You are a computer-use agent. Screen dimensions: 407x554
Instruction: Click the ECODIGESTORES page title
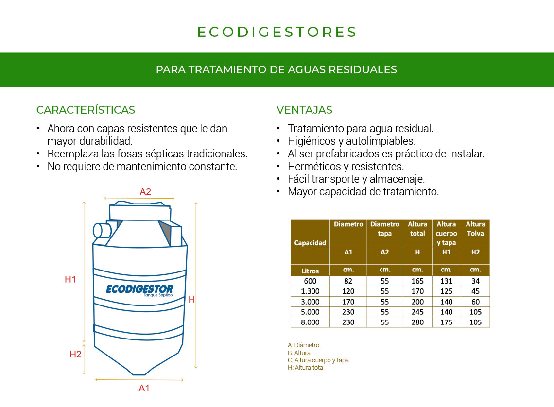[x=277, y=32]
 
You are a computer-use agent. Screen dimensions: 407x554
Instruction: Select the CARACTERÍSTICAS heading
[x=86, y=110]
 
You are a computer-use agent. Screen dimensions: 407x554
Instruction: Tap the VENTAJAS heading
[x=304, y=110]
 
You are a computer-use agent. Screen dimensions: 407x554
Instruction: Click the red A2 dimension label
[x=145, y=192]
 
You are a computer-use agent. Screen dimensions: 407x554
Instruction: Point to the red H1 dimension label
[x=70, y=279]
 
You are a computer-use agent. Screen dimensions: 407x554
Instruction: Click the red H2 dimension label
[x=75, y=354]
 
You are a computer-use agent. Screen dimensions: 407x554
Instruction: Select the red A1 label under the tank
[x=144, y=388]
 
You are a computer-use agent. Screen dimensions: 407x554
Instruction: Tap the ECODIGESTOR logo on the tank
[x=139, y=289]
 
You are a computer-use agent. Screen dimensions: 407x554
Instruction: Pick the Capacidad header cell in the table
[x=310, y=243]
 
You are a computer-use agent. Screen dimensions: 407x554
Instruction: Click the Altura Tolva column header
[x=475, y=229]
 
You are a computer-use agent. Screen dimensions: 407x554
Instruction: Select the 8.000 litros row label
[x=310, y=322]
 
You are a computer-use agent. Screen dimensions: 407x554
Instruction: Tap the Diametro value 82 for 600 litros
[x=348, y=281]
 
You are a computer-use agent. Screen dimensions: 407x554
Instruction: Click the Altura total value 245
[x=417, y=312]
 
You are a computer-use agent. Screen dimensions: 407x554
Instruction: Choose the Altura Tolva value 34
[x=475, y=281]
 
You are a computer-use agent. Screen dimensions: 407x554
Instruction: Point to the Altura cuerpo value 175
[x=446, y=322]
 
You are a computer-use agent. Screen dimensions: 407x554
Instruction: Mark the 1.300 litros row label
[x=310, y=291]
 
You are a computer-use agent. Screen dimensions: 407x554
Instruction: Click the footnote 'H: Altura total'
[x=306, y=368]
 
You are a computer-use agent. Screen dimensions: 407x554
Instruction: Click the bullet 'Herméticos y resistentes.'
[x=346, y=167]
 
